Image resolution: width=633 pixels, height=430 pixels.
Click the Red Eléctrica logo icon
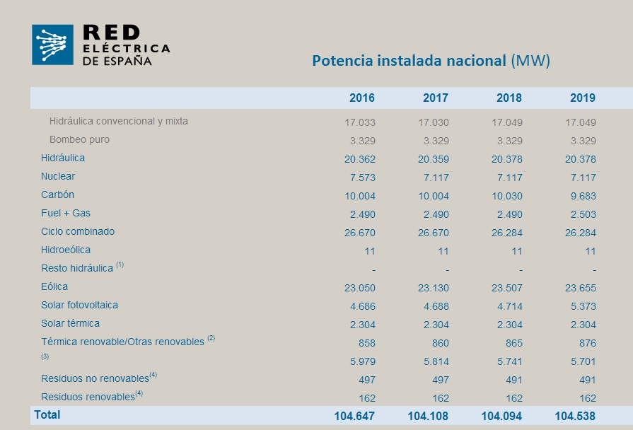pyautogui.click(x=52, y=45)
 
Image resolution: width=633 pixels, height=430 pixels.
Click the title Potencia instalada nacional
pyautogui.click(x=410, y=60)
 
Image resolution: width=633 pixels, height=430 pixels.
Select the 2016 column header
pyautogui.click(x=362, y=98)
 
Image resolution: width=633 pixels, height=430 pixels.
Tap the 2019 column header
pyautogui.click(x=583, y=98)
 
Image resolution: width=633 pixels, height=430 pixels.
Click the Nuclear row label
pyautogui.click(x=58, y=176)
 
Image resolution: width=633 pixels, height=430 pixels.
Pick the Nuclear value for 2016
pyautogui.click(x=360, y=178)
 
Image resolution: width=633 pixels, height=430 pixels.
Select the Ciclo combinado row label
pyautogui.click(x=78, y=231)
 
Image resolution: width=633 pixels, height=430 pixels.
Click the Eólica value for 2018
pyautogui.click(x=507, y=288)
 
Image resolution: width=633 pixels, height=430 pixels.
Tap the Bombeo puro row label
pyautogui.click(x=79, y=139)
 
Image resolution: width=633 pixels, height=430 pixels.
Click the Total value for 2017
pyautogui.click(x=428, y=416)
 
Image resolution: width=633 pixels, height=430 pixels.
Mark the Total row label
pyautogui.click(x=47, y=414)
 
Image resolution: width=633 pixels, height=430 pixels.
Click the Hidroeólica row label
pyautogui.click(x=66, y=250)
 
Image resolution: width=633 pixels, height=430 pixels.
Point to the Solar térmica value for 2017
pyautogui.click(x=434, y=325)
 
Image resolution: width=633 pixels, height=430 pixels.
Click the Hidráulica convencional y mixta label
pyautogui.click(x=119, y=121)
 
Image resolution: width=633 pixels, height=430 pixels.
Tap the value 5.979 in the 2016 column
pyautogui.click(x=360, y=361)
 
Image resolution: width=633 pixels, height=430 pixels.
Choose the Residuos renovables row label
pyautogui.click(x=88, y=397)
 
